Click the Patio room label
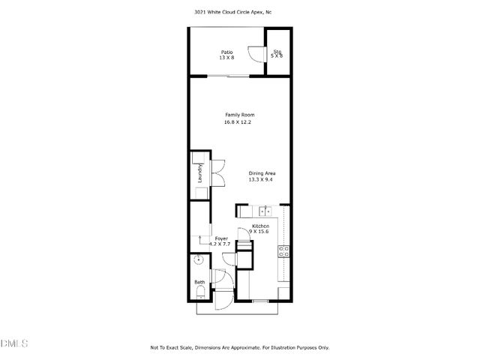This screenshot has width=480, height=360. click(x=226, y=52)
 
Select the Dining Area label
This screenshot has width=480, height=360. click(x=262, y=173)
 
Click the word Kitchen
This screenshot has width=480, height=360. click(x=260, y=226)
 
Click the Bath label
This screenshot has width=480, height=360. click(x=199, y=283)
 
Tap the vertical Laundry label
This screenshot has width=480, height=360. click(x=200, y=174)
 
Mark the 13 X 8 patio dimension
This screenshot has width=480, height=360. click(x=226, y=58)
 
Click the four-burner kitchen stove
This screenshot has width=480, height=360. click(x=283, y=251)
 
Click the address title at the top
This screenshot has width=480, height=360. click(x=239, y=12)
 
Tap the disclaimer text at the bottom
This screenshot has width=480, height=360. click(x=239, y=348)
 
